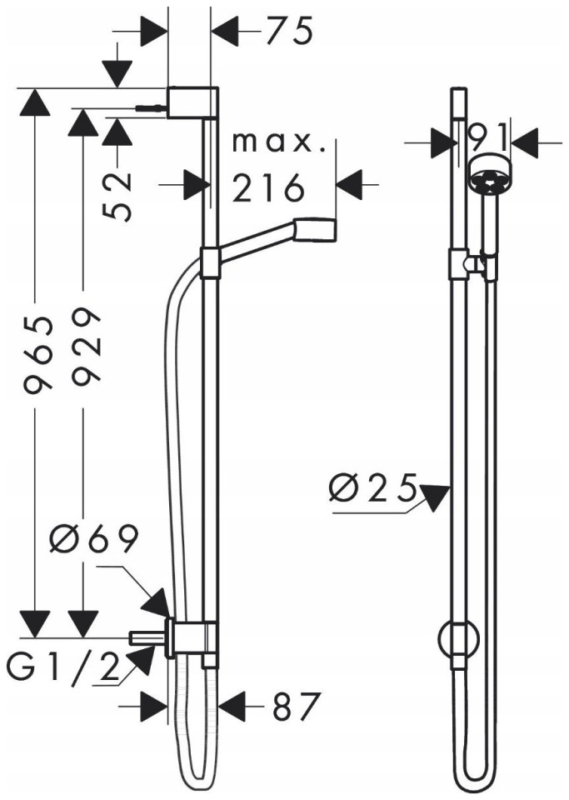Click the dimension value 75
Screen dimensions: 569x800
click(x=289, y=31)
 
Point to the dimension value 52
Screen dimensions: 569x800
click(x=119, y=197)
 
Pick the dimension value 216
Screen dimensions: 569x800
click(x=268, y=187)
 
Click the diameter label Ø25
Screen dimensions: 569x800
click(x=373, y=487)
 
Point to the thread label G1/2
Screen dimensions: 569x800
click(x=64, y=667)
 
